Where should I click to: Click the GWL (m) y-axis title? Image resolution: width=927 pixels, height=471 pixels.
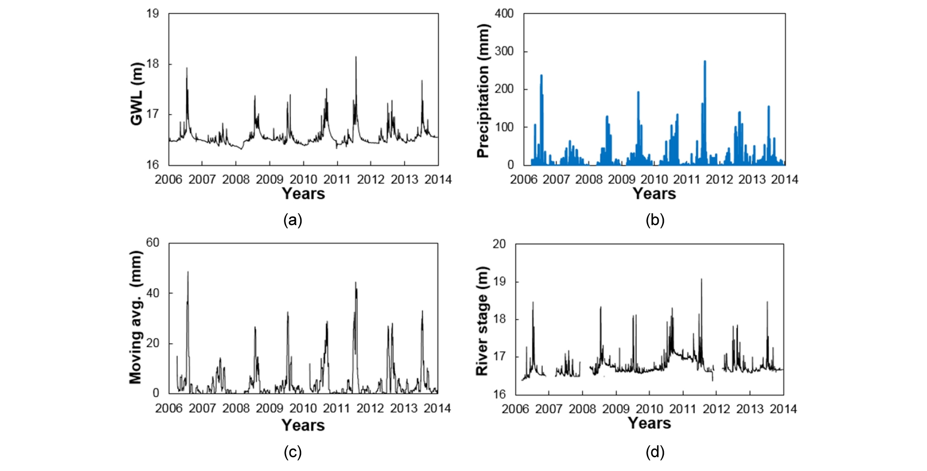pos(137,94)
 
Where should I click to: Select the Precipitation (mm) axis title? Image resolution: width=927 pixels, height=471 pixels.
pos(483,91)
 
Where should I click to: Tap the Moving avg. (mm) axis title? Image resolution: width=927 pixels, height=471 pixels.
pos(135,317)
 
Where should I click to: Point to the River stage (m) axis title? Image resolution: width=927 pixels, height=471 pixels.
pos(482,321)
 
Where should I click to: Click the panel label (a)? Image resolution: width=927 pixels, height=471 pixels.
pos(293,220)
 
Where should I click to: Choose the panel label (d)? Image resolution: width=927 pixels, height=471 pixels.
pos(655,452)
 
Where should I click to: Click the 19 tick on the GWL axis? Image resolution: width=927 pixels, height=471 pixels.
pos(152,14)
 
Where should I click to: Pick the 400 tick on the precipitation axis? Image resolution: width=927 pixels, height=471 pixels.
pos(504,14)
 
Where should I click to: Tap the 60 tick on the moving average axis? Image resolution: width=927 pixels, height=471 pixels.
pos(152,243)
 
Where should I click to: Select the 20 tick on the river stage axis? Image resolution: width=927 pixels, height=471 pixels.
pos(499,244)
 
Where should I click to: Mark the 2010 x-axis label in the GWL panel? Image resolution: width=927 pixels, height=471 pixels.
pos(303,179)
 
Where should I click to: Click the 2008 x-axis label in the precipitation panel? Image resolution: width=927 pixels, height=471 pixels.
pos(589,179)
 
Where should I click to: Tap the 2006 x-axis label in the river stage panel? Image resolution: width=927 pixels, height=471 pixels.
pos(515,409)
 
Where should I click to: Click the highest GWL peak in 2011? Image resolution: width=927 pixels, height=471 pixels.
pos(356,57)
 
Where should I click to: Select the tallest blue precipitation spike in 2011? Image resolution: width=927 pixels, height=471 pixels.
pos(704,61)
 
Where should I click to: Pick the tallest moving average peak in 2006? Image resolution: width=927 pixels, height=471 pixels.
pos(188,272)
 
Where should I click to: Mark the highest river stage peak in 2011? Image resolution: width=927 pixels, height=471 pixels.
pos(701,279)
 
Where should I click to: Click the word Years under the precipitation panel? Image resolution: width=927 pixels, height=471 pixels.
pos(654,194)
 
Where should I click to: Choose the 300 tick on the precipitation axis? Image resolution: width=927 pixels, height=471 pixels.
pos(504,52)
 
